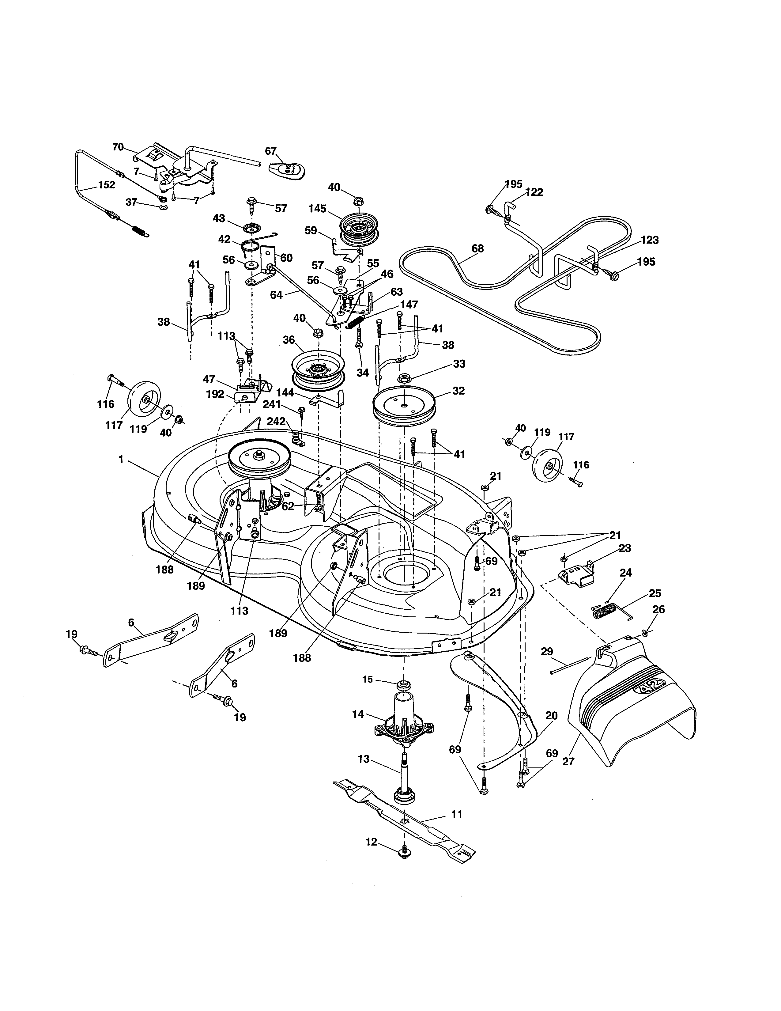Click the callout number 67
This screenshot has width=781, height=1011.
(271, 151)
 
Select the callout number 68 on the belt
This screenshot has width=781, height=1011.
(477, 248)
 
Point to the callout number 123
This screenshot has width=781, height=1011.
(650, 240)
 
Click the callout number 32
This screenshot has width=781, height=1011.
(458, 391)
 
